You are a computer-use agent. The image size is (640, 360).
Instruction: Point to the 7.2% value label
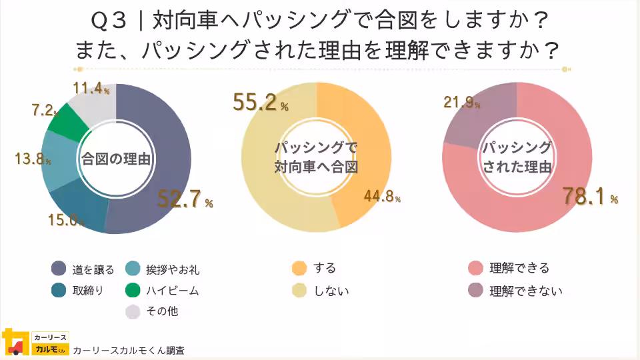pos(46,111)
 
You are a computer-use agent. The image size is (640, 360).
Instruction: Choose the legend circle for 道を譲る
pos(59,269)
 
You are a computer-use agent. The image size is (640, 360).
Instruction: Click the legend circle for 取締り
pos(59,290)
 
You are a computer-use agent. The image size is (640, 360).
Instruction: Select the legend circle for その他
pos(133,311)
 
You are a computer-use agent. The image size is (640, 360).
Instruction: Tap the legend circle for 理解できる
pos(475,269)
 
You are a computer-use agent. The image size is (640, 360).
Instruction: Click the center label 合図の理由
pos(115,159)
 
